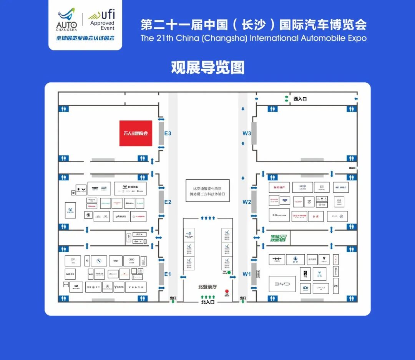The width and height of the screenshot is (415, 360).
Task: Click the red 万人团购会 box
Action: pyautogui.click(x=135, y=133)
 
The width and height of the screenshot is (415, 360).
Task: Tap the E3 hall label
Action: pyautogui.click(x=168, y=133)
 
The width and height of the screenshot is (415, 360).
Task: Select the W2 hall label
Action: pyautogui.click(x=246, y=202)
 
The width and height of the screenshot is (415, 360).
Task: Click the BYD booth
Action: pyautogui.click(x=282, y=284)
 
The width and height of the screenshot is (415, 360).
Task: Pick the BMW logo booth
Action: pyautogui.click(x=99, y=261)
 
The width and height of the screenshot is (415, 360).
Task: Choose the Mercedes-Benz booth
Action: pyautogui.click(x=108, y=287)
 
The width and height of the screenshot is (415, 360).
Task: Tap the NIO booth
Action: pyautogui.click(x=70, y=274)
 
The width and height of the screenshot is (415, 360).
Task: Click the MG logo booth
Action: pyautogui.click(x=87, y=216)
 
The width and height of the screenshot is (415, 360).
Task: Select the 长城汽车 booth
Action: pyautogui.click(x=130, y=188)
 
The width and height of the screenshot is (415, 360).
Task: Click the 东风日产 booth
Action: pyautogui.click(x=279, y=187)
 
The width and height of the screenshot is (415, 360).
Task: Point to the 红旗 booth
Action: pyautogui.click(x=315, y=216)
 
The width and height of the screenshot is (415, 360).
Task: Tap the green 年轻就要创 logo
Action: pyautogui.click(x=278, y=238)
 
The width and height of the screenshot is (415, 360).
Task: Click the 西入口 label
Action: pyautogui.click(x=300, y=99)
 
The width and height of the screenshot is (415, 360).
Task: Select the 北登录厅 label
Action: pyautogui.click(x=207, y=287)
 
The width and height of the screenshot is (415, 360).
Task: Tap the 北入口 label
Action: pyautogui.click(x=208, y=302)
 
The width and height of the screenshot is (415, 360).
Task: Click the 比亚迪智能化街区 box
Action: pyautogui.click(x=207, y=191)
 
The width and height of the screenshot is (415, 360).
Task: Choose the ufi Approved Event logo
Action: pyautogui.click(x=102, y=21)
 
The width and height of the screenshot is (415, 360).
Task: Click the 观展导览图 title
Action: pyautogui.click(x=207, y=68)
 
